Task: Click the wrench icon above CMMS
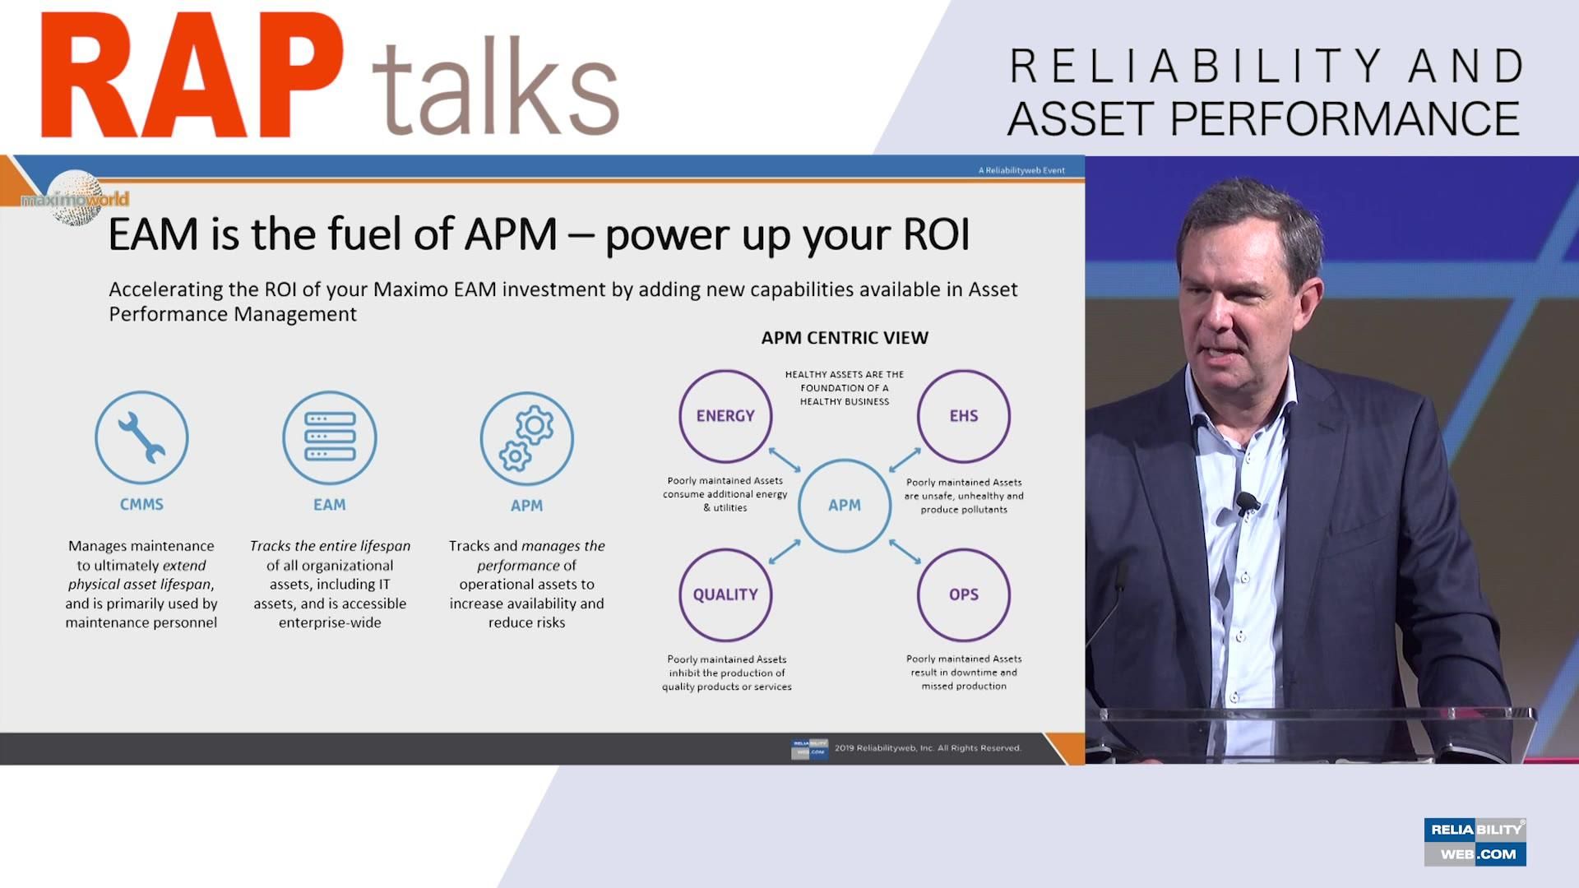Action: (141, 437)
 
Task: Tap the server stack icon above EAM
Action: (330, 437)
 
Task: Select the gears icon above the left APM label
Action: (527, 438)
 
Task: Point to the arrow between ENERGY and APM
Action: (785, 460)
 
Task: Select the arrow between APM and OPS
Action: (905, 551)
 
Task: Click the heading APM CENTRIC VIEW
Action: (845, 338)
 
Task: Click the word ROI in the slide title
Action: (937, 234)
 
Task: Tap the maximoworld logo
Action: (75, 198)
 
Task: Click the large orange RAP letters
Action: (192, 75)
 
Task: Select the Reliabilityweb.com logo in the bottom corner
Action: (1475, 842)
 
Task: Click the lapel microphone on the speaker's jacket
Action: (1247, 502)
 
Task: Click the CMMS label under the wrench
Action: (141, 505)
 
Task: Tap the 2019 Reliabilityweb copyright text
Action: (928, 748)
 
